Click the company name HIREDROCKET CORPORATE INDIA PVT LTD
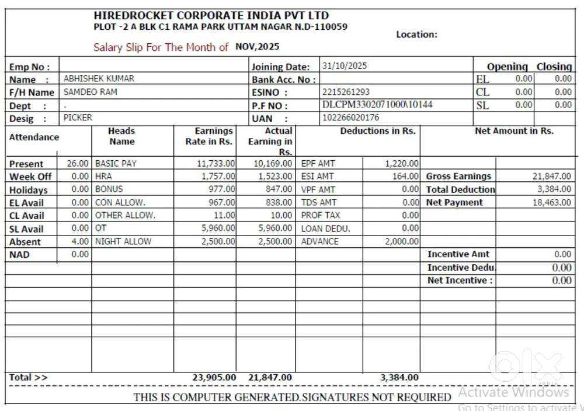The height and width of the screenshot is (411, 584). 211,16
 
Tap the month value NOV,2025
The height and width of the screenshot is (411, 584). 258,46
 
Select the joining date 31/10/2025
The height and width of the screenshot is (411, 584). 345,66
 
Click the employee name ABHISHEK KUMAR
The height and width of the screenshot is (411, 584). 99,78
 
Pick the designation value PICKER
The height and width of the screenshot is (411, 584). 78,118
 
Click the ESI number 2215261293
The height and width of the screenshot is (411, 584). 346,92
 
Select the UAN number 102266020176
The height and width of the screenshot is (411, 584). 350,118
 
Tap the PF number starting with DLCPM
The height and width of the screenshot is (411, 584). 377,105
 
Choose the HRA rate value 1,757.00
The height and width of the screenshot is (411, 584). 218,176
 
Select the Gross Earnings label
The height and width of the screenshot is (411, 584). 458,176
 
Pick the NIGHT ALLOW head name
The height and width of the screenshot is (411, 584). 123,241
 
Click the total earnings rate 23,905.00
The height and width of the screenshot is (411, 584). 214,378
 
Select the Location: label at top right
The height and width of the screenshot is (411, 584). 416,34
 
